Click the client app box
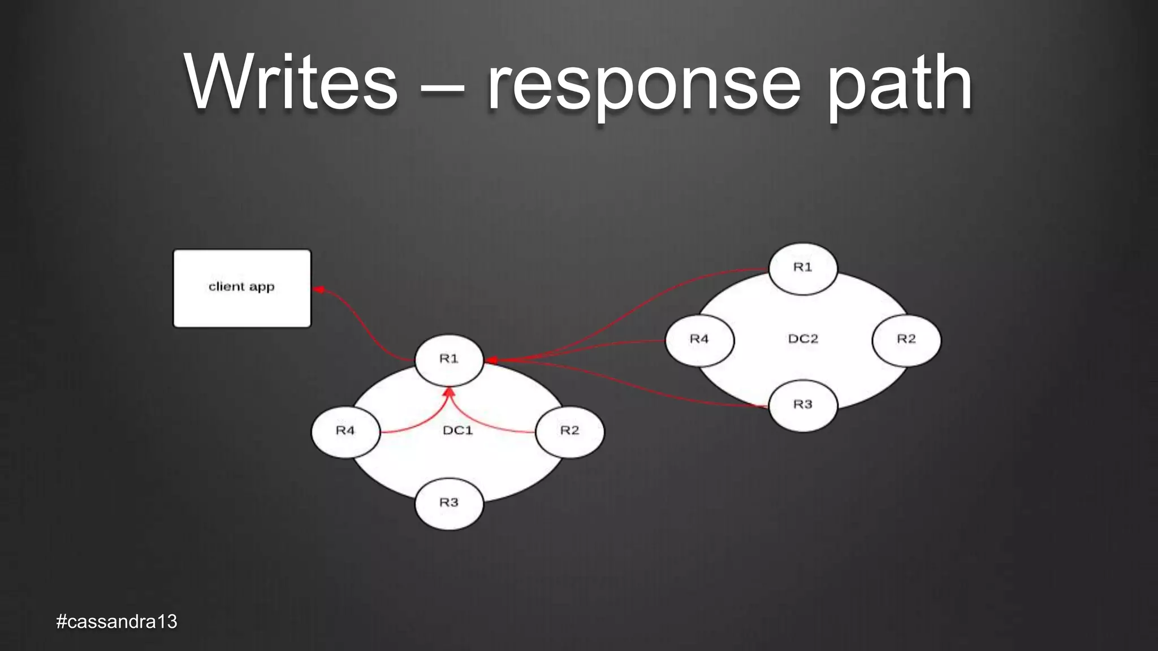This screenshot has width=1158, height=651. [242, 288]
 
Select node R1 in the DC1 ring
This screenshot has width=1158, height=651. [449, 359]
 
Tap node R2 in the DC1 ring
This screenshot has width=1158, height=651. [569, 431]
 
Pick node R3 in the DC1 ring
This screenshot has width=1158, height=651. [449, 503]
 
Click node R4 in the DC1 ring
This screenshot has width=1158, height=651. [345, 431]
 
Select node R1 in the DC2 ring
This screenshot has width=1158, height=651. [803, 268]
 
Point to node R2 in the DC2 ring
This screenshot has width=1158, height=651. [906, 340]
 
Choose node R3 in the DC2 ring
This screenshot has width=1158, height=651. [803, 405]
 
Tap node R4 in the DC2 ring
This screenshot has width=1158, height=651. [699, 340]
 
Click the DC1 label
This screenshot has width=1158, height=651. [457, 431]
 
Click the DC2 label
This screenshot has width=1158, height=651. [803, 339]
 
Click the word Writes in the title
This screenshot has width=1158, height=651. [291, 83]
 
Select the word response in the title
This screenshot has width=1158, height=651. [643, 85]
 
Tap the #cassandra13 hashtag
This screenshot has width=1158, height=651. [116, 622]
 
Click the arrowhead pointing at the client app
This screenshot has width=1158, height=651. [319, 290]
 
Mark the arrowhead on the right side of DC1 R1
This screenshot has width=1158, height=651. [491, 360]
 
